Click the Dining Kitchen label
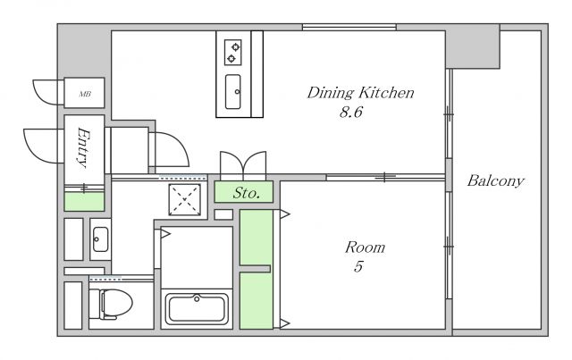coord(360,93)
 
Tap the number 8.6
coord(351,112)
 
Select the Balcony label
coord(496,181)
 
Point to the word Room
coord(365,247)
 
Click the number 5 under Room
coord(358,266)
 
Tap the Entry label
coord(84,147)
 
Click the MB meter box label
coord(85,94)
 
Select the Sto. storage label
coord(247,193)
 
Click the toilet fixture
coord(111,305)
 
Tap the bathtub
coord(197,309)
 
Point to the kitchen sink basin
coord(232,92)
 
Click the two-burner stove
coord(232,52)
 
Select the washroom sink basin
coord(100,239)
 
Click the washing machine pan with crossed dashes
coord(185,199)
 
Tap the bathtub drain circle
coord(197,299)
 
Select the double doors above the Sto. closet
coord(243,165)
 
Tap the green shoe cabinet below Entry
coord(84,201)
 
